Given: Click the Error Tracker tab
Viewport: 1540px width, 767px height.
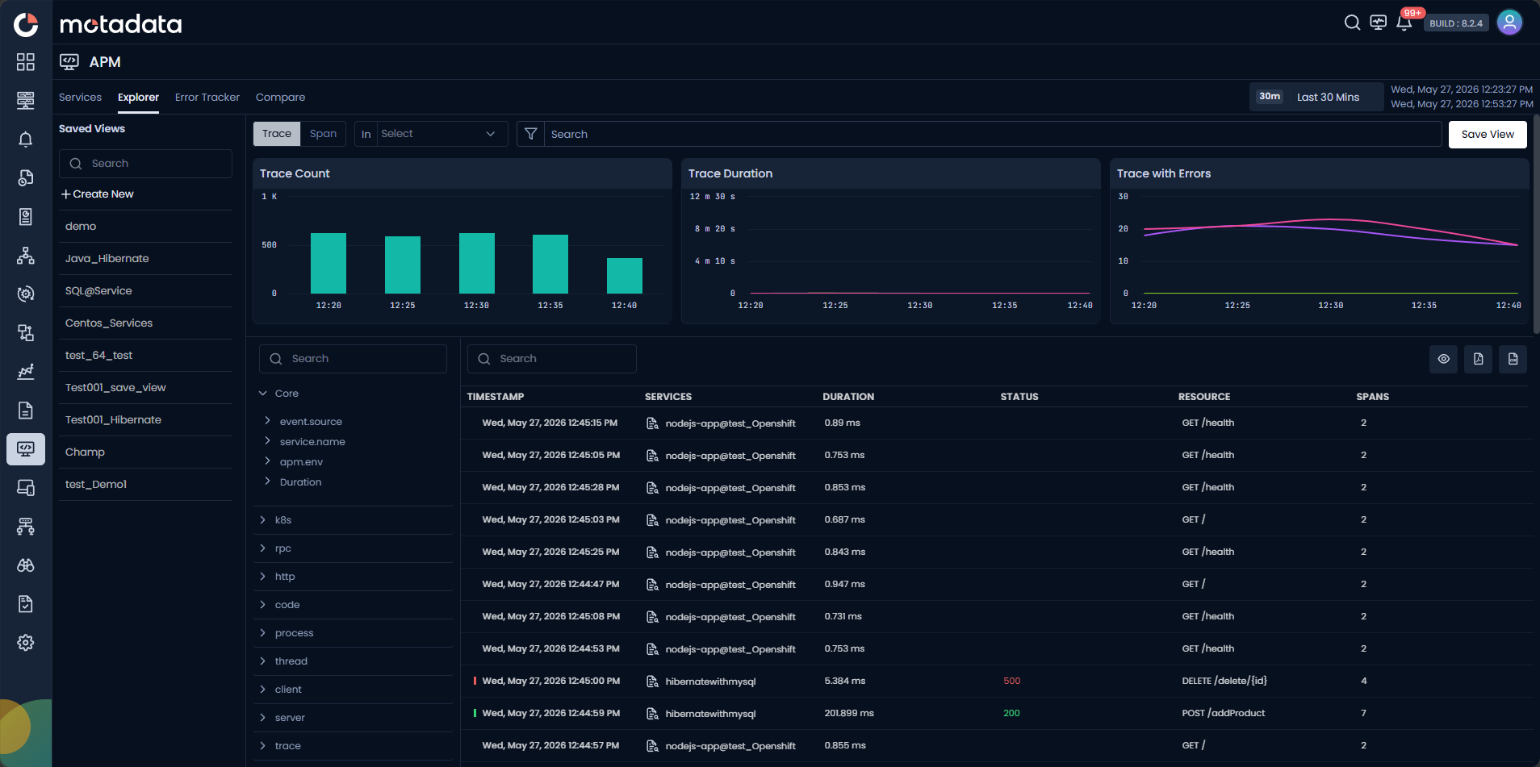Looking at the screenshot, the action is (207, 98).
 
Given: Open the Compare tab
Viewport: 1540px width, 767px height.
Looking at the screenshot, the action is (280, 98).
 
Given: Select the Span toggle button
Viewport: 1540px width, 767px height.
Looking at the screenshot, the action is (323, 134).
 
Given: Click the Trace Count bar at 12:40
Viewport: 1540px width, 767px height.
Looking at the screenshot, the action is (625, 276).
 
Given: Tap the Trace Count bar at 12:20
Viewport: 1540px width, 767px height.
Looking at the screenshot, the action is (329, 263).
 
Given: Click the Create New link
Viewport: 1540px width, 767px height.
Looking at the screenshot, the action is (98, 194).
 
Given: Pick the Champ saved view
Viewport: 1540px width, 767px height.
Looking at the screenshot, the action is (85, 452).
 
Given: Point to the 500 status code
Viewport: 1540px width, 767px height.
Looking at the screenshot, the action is (1012, 682).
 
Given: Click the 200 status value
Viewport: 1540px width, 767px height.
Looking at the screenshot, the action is (1012, 714).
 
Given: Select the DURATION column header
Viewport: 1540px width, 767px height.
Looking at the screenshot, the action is (848, 397).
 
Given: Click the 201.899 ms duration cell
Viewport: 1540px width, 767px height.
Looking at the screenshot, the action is (849, 714).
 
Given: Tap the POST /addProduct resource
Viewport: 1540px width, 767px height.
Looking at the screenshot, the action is (1224, 714).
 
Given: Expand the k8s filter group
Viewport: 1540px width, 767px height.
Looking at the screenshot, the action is (283, 520).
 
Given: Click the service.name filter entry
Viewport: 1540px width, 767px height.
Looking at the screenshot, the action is (312, 442).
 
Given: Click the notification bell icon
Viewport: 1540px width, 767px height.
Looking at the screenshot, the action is (1404, 23).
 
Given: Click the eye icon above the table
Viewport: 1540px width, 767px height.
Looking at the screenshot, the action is (1444, 359).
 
